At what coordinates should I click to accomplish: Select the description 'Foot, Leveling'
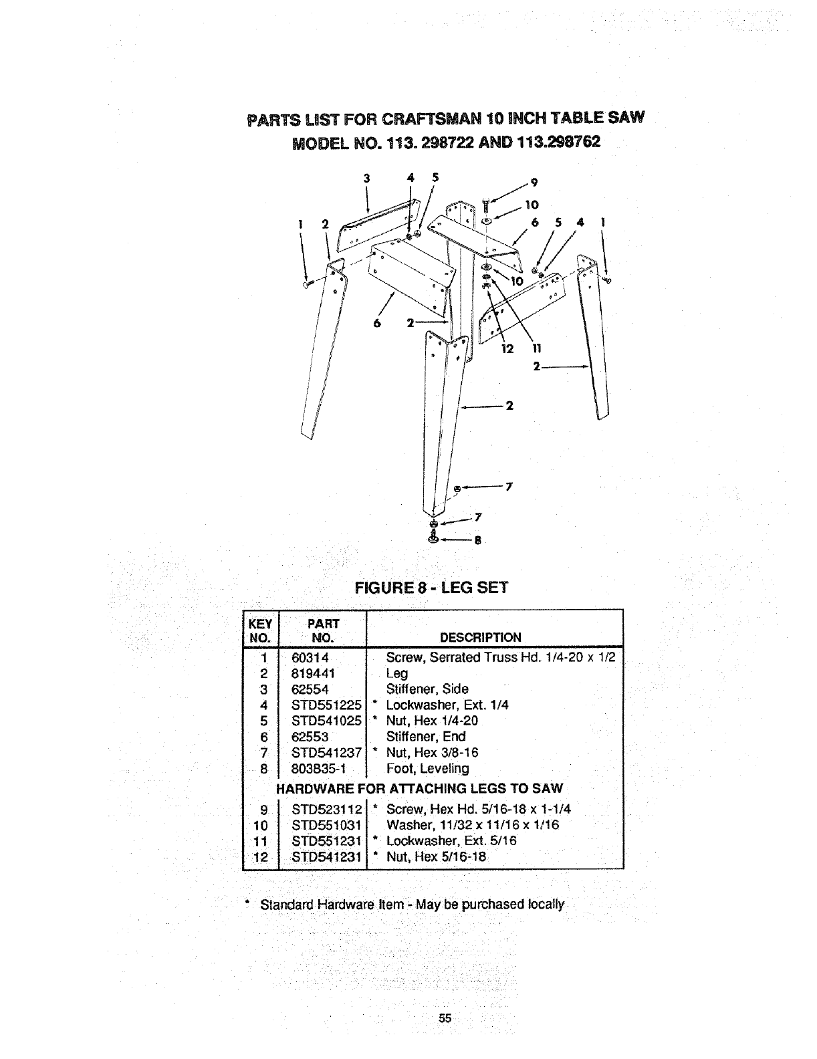pyautogui.click(x=427, y=768)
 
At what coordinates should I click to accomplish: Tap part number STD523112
pyautogui.click(x=326, y=809)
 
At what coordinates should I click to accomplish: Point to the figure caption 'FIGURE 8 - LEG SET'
pyautogui.click(x=431, y=588)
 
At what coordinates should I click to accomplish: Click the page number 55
pyautogui.click(x=445, y=1018)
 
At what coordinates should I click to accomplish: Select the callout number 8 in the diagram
pyautogui.click(x=478, y=542)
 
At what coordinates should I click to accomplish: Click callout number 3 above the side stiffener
pyautogui.click(x=366, y=178)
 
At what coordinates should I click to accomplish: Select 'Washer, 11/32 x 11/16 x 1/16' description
pyautogui.click(x=472, y=825)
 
